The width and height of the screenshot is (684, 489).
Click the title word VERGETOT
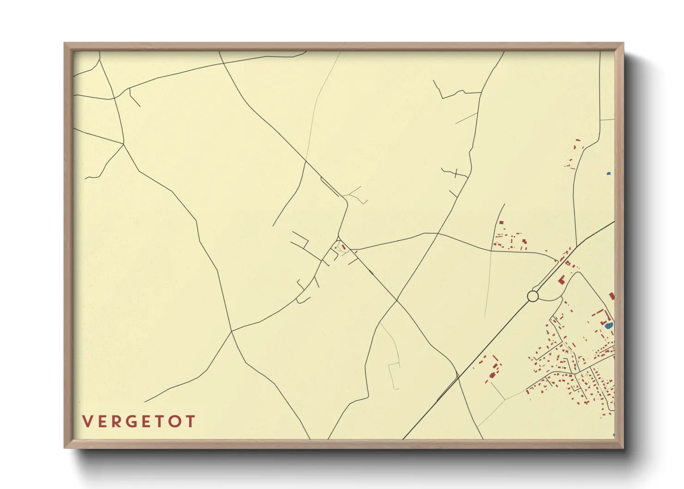pyautogui.click(x=139, y=422)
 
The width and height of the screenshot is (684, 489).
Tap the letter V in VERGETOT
pyautogui.click(x=87, y=422)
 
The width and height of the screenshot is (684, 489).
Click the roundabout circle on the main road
pyautogui.click(x=533, y=296)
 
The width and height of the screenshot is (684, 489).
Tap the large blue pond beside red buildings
pyautogui.click(x=609, y=326)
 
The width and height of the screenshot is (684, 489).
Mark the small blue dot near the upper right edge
pyautogui.click(x=609, y=174)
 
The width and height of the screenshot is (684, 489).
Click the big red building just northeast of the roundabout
pyautogui.click(x=562, y=280)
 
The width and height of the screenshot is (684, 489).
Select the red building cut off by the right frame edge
pyautogui.click(x=612, y=296)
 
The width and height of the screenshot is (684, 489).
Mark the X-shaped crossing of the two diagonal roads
pyautogui.click(x=397, y=300)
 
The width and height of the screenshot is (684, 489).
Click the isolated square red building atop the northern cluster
pyautogui.click(x=501, y=223)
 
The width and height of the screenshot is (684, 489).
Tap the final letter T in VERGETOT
pyautogui.click(x=189, y=422)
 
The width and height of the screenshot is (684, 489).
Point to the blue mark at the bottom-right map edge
pyautogui.click(x=613, y=435)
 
